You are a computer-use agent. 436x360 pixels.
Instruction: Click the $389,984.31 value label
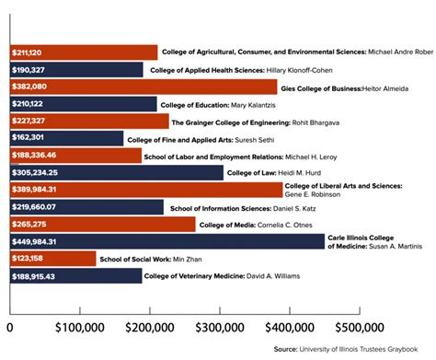point(35,190)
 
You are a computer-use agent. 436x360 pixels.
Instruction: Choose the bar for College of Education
point(83,104)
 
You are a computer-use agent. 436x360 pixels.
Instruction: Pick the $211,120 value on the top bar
point(29,52)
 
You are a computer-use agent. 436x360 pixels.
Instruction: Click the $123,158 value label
point(29,259)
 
